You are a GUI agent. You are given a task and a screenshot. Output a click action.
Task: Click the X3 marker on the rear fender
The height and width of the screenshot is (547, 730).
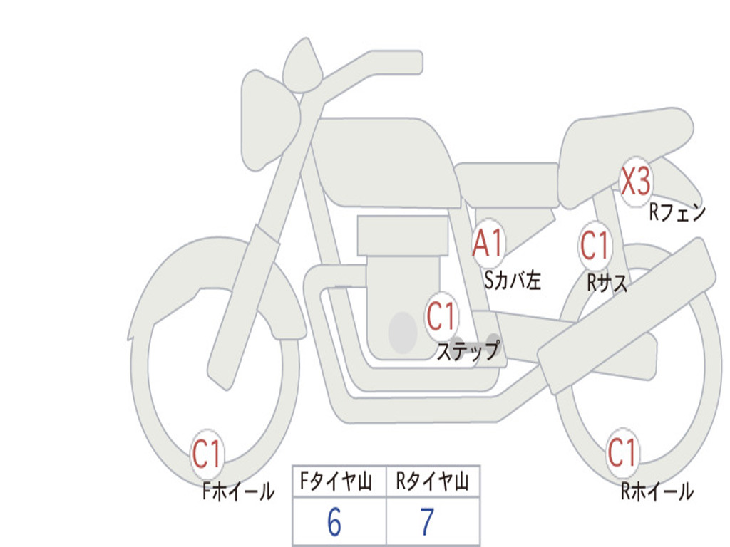coord(635,182)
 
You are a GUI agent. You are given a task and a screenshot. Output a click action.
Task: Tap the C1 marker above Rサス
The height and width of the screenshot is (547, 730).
coord(594,246)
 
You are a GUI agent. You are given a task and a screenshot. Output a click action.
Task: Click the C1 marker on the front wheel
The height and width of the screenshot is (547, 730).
coord(207,454)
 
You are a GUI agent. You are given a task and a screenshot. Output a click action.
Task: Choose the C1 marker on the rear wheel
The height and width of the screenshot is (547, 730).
coord(622,452)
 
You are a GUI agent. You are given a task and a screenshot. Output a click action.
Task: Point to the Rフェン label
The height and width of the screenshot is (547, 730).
coord(677,212)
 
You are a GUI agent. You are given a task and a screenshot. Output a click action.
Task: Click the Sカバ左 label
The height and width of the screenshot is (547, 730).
coord(512,281)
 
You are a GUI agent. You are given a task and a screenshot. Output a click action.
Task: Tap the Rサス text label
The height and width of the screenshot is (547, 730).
coord(607,283)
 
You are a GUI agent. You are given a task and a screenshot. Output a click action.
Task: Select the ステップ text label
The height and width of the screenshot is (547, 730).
coord(468,351)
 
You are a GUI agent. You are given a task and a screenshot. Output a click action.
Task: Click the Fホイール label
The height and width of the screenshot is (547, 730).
coord(238,491)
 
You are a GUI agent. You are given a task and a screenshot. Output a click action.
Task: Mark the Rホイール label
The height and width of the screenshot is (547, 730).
coord(657,491)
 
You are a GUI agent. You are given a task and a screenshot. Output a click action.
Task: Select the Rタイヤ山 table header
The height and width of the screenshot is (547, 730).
coord(432,482)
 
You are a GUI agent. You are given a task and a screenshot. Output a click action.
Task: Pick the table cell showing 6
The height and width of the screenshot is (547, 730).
coord(335,523)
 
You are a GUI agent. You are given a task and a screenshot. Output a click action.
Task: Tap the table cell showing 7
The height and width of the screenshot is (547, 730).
coord(428,523)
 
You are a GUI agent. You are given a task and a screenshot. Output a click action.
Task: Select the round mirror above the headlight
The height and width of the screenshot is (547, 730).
coord(302,66)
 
